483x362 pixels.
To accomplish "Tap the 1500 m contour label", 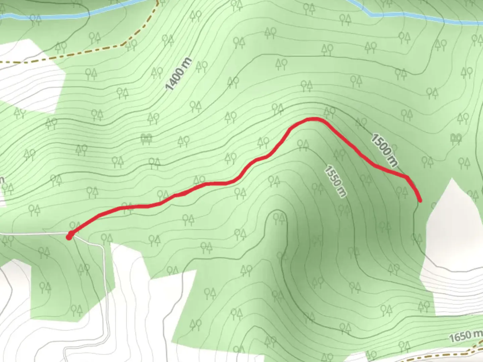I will (x=384, y=150).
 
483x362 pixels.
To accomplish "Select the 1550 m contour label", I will (x=335, y=181).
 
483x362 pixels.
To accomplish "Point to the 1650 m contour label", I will (x=465, y=336).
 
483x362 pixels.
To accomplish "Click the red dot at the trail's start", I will (x=69, y=237).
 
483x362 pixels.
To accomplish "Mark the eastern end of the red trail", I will (x=420, y=200).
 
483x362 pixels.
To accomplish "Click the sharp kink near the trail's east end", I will (x=407, y=177).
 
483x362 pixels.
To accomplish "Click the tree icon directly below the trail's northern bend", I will (x=303, y=145).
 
